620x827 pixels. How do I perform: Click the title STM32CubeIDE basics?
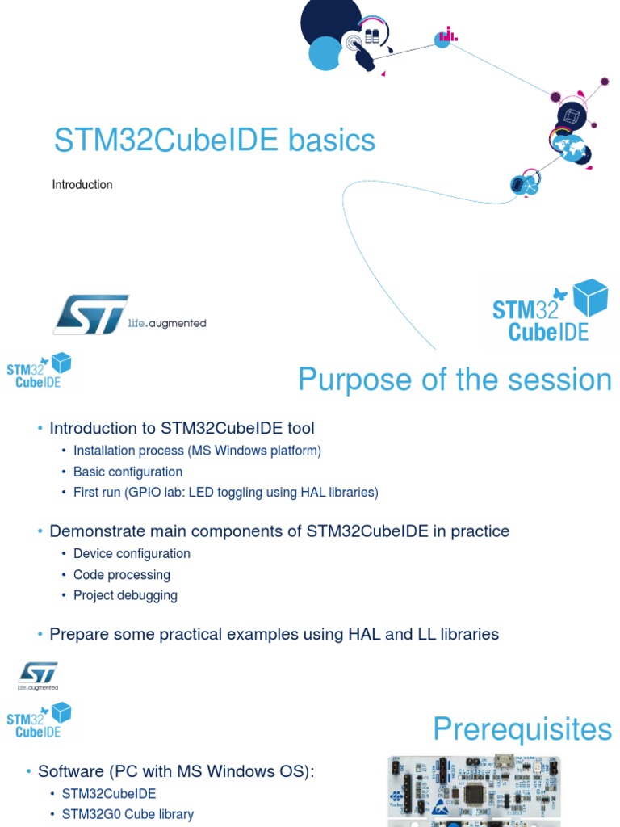coord(214,141)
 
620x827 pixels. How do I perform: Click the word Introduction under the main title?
coord(82,185)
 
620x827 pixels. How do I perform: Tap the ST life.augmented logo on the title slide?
coord(129,315)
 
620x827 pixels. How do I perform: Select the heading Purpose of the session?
coord(455,380)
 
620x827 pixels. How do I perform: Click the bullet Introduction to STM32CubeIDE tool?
coord(182,428)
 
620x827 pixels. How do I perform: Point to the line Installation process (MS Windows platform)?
coord(197,451)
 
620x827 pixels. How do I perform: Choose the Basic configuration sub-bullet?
coord(128,472)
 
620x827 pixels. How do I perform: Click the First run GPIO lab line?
coord(225,492)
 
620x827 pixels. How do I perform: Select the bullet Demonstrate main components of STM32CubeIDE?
coord(279,531)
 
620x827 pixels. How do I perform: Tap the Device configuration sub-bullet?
coord(132,554)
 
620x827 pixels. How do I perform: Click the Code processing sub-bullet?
coord(121,575)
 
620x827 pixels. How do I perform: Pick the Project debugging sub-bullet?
coord(125,595)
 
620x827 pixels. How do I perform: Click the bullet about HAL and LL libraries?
coord(274,634)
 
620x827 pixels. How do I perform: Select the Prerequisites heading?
coord(522,729)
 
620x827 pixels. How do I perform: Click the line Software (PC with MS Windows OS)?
coord(175,771)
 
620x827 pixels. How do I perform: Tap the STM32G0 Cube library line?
coord(128,814)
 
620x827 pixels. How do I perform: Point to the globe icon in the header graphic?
coord(572,148)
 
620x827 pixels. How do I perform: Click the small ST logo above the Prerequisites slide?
coord(38,675)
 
